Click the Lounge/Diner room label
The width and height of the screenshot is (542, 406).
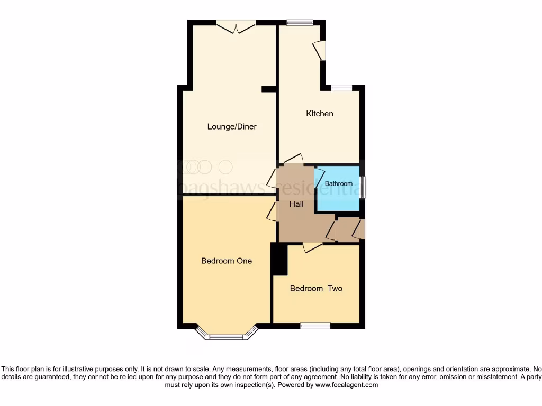232,127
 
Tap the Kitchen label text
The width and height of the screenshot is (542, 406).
320,114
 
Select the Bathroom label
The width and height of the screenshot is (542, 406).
338,184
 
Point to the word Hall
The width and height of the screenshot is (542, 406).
296,204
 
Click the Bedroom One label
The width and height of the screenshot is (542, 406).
227,261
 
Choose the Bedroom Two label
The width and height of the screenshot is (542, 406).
316,289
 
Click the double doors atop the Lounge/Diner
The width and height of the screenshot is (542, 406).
236,26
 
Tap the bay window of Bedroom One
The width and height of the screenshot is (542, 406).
227,335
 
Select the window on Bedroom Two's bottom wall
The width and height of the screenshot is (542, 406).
315,326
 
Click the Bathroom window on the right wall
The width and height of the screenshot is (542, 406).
363,188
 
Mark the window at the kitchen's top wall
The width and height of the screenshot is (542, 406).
300,23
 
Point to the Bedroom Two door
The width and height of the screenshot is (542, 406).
312,246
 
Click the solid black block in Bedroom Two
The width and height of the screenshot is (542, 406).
279,260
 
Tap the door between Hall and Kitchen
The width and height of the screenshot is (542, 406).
293,159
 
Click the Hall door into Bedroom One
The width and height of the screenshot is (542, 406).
272,211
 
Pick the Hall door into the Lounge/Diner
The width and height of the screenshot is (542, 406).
272,178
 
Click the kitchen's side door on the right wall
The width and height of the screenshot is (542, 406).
320,51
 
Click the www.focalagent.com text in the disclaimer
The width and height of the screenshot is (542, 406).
347,385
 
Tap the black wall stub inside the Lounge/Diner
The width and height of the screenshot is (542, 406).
269,89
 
